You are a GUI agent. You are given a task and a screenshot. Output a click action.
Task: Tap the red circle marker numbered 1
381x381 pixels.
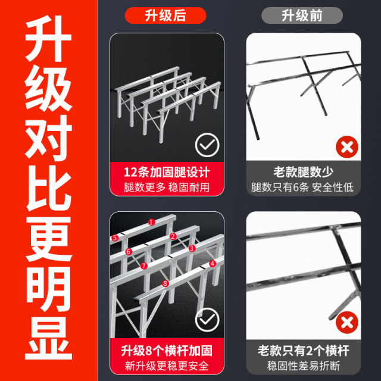pos(151,221)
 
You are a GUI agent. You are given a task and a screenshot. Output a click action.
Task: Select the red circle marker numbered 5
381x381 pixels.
pos(115,238)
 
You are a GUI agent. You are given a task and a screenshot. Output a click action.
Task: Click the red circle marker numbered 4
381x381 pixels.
pos(213,263)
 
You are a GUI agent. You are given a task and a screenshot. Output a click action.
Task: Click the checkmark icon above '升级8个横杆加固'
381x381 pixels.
pos(207,320)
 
